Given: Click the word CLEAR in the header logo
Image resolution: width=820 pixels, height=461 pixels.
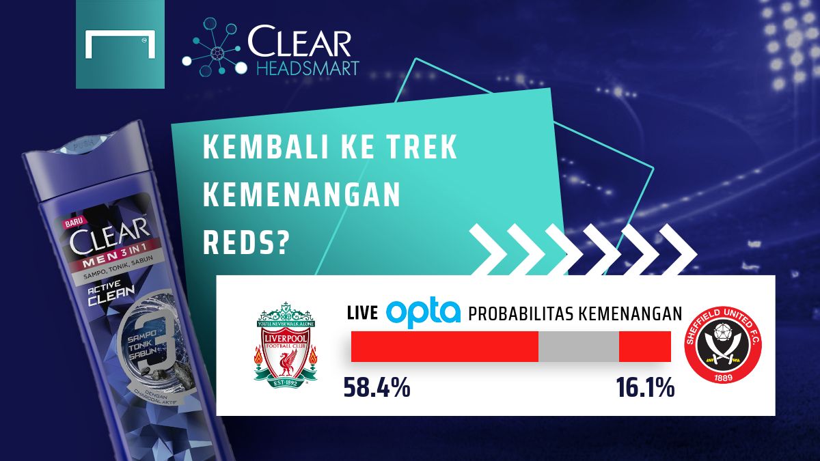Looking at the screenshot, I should [299, 42].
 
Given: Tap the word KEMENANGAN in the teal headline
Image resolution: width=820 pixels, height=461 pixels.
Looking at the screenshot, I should [302, 197].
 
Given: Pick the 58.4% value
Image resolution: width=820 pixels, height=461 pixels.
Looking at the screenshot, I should [377, 388].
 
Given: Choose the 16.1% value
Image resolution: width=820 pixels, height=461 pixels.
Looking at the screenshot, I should [644, 388].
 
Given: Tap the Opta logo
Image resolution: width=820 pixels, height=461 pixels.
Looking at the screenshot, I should [424, 313].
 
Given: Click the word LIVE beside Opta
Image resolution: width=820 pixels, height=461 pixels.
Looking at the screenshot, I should [362, 313].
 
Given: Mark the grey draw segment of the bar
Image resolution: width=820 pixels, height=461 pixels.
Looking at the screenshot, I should [578, 347].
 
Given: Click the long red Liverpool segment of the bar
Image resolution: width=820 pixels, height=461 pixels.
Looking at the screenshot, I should [444, 347].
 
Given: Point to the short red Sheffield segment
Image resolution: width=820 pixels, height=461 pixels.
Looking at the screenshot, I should [644, 347].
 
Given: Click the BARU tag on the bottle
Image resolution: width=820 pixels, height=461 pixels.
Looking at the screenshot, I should [73, 223].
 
